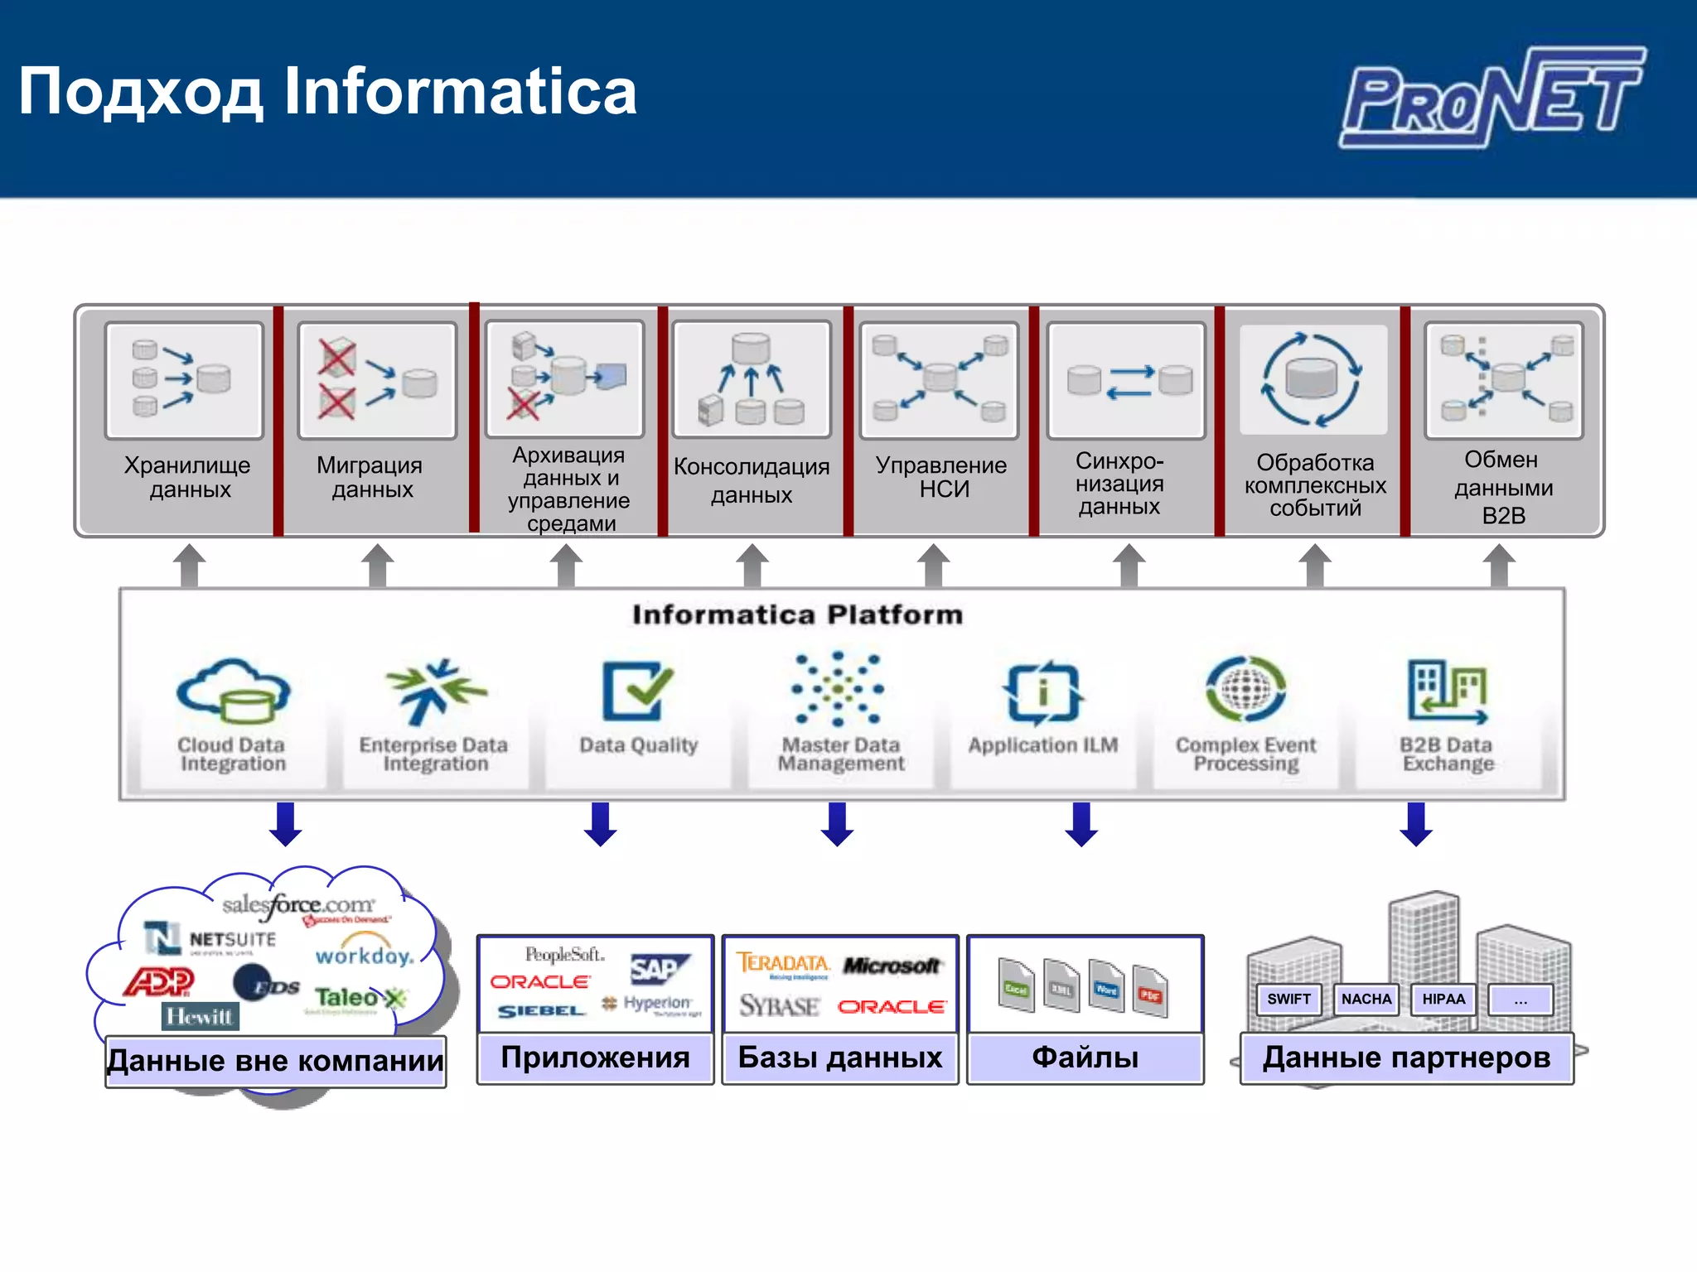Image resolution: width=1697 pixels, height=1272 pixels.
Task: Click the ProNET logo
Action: coord(1492,98)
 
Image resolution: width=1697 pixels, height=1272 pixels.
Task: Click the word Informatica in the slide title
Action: coord(460,91)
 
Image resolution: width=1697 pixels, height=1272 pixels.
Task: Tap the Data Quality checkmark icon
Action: coord(636,690)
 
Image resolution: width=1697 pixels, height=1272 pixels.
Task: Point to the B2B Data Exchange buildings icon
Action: coord(1447,691)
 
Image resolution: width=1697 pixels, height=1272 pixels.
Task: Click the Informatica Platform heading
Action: coord(797,614)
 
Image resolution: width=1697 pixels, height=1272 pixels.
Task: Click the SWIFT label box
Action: coord(1288,999)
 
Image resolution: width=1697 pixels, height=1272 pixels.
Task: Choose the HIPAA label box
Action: coord(1443,999)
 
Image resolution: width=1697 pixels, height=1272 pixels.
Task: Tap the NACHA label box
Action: coord(1366,999)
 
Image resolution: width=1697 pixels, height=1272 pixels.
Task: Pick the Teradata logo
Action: coord(783,963)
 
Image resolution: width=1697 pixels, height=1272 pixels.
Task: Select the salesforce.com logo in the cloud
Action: coord(298,905)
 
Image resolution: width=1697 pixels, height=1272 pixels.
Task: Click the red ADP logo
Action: coord(159,982)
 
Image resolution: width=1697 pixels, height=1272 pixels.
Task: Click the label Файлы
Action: coord(1085,1058)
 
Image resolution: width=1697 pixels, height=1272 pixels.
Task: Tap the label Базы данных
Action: coord(839,1058)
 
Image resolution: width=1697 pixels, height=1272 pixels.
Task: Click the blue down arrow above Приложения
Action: coord(600,824)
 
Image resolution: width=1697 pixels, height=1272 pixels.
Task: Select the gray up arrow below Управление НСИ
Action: coord(934,566)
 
